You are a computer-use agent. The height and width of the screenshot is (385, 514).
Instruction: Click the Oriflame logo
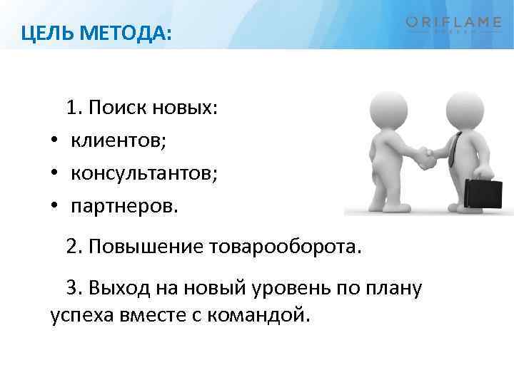coord(454,25)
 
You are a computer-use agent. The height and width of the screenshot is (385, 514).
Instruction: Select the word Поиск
coord(118,108)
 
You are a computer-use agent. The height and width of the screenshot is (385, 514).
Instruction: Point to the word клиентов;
coord(119,141)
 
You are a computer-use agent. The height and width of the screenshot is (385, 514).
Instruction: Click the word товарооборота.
coord(286,247)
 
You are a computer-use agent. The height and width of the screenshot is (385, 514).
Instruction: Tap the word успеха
coord(79,314)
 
